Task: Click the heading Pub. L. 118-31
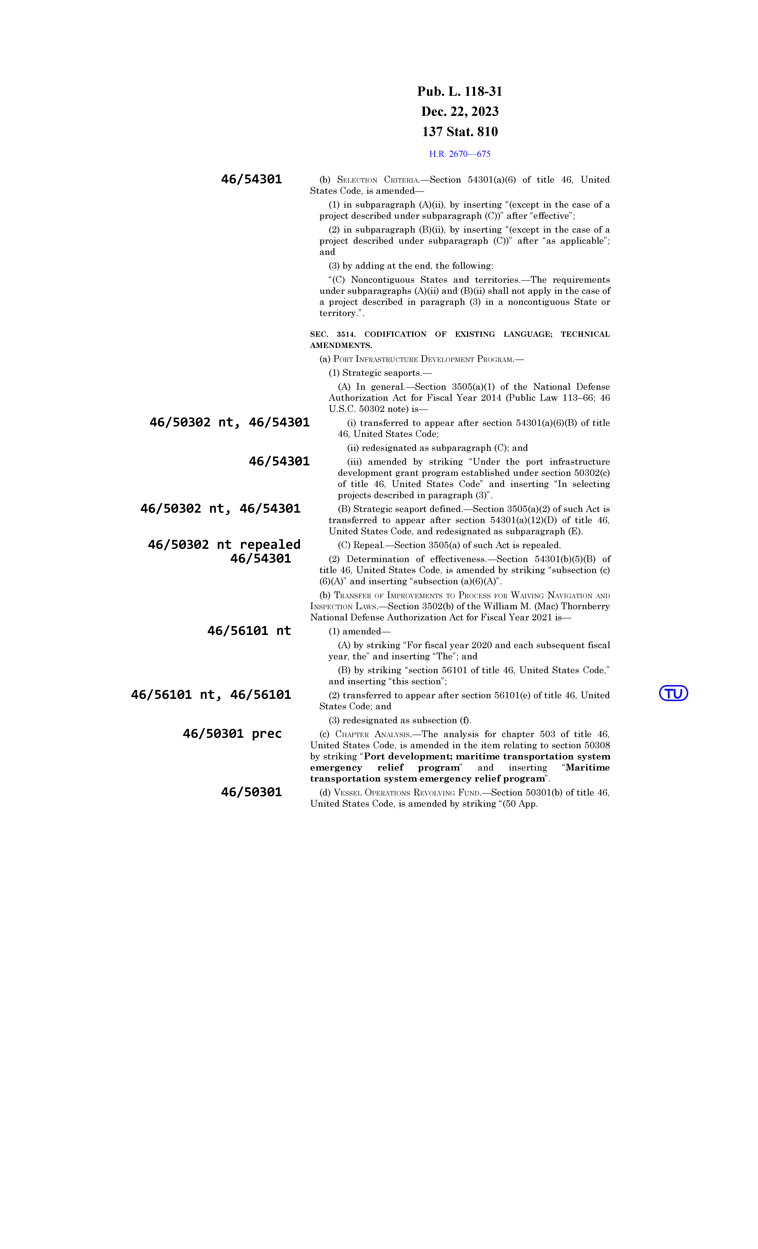pos(460,92)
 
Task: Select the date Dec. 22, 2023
pos(460,112)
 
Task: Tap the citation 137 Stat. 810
pos(460,132)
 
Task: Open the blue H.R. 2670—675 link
pos(460,154)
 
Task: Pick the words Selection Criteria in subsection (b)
pos(379,180)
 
